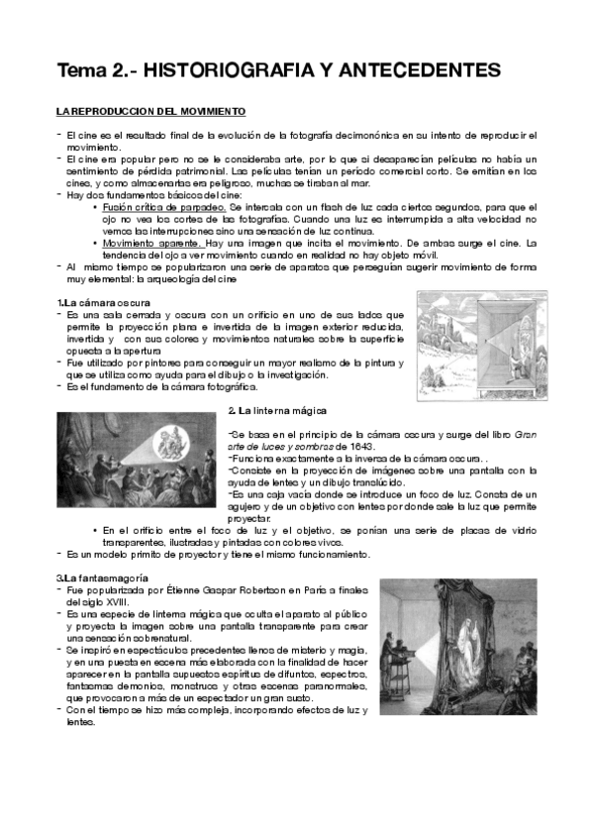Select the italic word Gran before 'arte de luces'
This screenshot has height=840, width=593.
pyautogui.click(x=528, y=434)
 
